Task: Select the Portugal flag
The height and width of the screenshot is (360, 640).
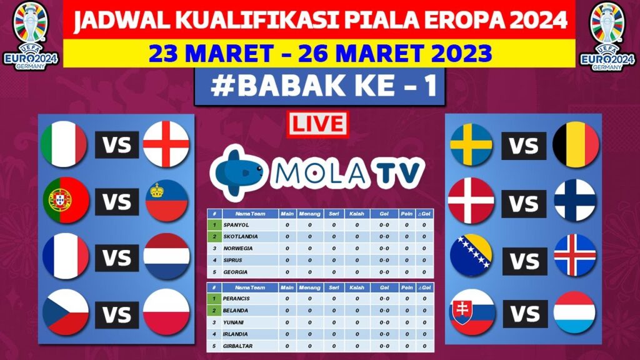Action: (64, 200)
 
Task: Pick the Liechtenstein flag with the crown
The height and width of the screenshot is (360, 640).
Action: (166, 201)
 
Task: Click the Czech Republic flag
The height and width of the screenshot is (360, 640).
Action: (65, 313)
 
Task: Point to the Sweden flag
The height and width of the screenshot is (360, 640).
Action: (472, 145)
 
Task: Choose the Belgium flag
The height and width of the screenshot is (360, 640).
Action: (576, 145)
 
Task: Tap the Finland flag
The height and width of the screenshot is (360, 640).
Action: (576, 200)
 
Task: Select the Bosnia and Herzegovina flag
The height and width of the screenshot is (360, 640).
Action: (472, 255)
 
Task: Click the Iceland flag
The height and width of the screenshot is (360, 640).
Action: (576, 255)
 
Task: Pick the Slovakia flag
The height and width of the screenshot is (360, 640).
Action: (472, 312)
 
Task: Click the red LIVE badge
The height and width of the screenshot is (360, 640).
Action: (317, 124)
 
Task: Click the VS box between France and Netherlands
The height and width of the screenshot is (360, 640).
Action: (117, 257)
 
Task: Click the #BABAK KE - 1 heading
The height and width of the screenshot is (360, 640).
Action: (319, 87)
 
